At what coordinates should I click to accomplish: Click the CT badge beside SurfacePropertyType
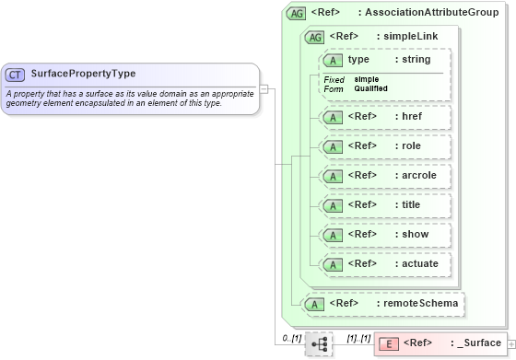pyautogui.click(x=16, y=74)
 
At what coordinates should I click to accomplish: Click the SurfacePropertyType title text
pyautogui.click(x=83, y=74)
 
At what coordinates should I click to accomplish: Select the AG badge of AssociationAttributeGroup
pyautogui.click(x=297, y=13)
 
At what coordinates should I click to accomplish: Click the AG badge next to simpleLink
pyautogui.click(x=314, y=37)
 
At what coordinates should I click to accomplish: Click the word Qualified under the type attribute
pyautogui.click(x=371, y=89)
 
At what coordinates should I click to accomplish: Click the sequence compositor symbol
pyautogui.click(x=319, y=343)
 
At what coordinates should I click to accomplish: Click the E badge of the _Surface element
pyautogui.click(x=389, y=343)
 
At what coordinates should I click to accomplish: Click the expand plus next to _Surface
pyautogui.click(x=510, y=343)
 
